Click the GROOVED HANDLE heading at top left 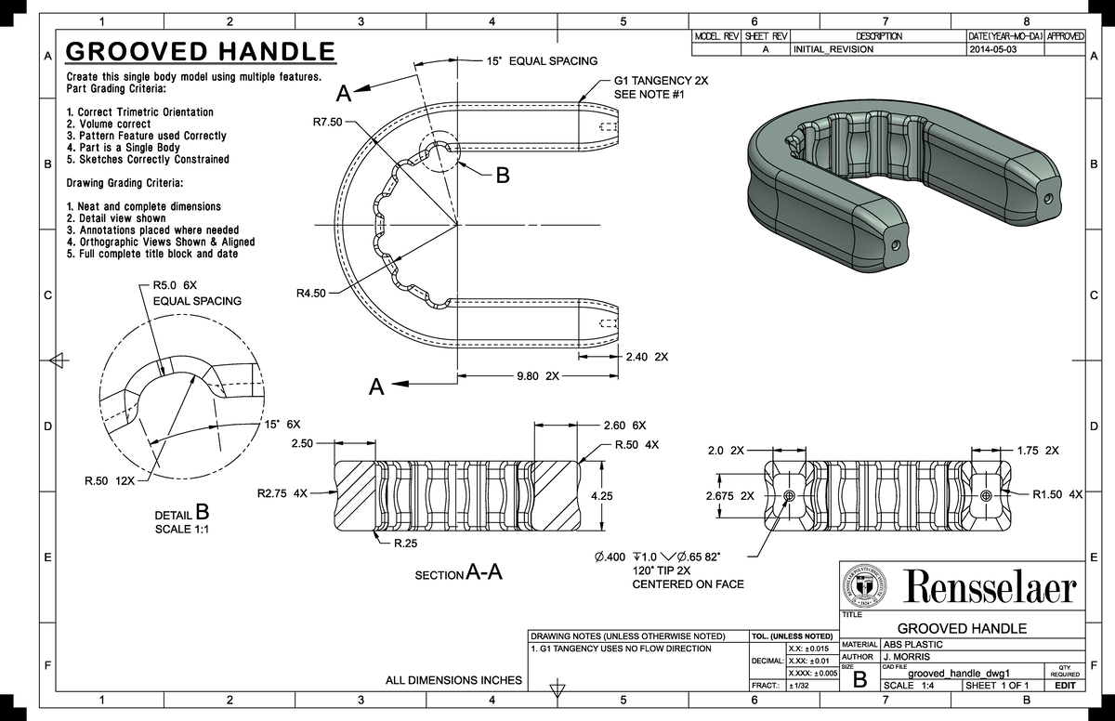click(200, 51)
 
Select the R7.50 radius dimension click(327, 122)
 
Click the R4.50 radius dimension click(311, 294)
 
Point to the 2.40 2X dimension click(647, 357)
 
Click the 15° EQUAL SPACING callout click(542, 61)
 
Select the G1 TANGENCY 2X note click(661, 82)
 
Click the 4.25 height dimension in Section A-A click(603, 495)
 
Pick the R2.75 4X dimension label click(282, 493)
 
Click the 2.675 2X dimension click(729, 495)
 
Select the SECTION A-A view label click(460, 573)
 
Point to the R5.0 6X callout click(175, 286)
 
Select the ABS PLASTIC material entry click(912, 644)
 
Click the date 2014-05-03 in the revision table click(992, 49)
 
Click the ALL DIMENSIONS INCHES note click(453, 680)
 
